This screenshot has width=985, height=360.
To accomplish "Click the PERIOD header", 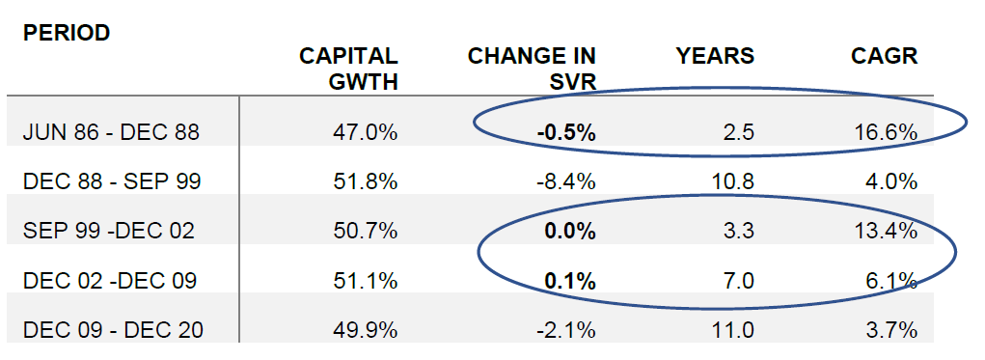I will pyautogui.click(x=67, y=33).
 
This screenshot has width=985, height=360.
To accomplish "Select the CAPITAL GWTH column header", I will pyautogui.click(x=348, y=69).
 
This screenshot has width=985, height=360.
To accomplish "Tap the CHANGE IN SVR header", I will pyautogui.click(x=532, y=69).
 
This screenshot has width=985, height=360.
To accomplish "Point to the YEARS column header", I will pyautogui.click(x=715, y=56).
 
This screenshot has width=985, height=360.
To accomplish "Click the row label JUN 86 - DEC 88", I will pyautogui.click(x=111, y=132).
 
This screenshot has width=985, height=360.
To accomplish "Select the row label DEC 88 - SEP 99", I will pyautogui.click(x=111, y=181).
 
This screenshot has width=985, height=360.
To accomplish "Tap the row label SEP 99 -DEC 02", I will pyautogui.click(x=109, y=232).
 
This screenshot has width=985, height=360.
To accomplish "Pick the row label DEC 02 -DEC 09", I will pyautogui.click(x=109, y=281).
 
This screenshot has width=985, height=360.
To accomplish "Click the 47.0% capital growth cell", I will pyautogui.click(x=367, y=132).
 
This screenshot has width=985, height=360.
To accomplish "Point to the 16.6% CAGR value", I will pyautogui.click(x=887, y=132).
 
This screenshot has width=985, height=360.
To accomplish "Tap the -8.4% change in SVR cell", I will pyautogui.click(x=567, y=181).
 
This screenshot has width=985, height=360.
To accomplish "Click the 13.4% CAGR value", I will pyautogui.click(x=887, y=232).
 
